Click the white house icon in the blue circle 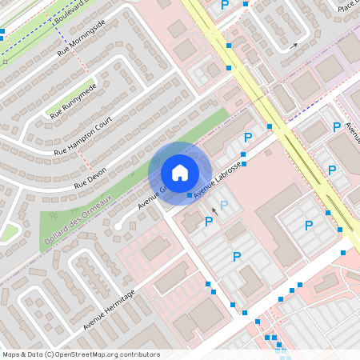point(180,172)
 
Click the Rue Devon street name point(90,173)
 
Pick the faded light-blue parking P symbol point(225,206)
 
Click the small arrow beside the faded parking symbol point(214,212)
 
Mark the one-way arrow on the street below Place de point(294,46)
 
